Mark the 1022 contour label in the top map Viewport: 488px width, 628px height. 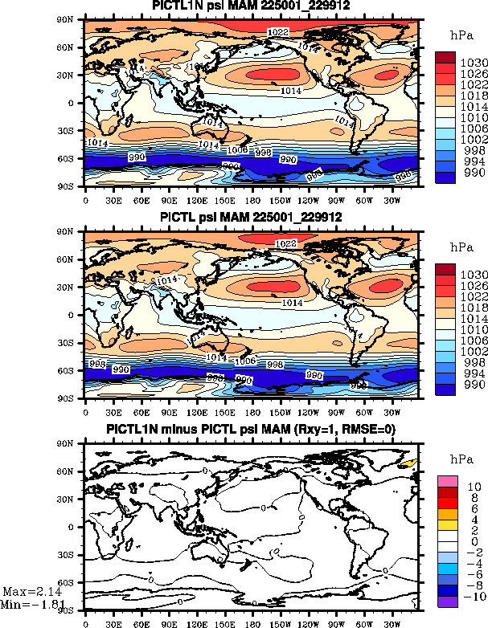coord(277,31)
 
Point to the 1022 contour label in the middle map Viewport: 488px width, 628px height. coord(285,243)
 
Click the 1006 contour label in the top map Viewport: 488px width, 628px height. coord(237,150)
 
